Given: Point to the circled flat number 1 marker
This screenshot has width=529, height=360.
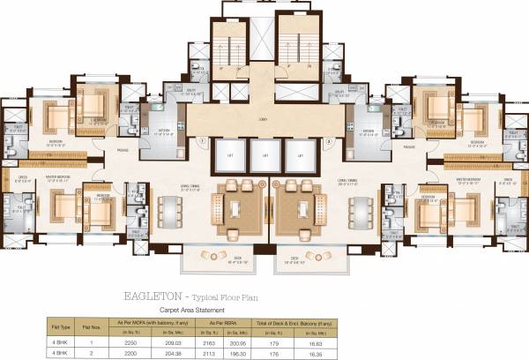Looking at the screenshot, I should (204, 140).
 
